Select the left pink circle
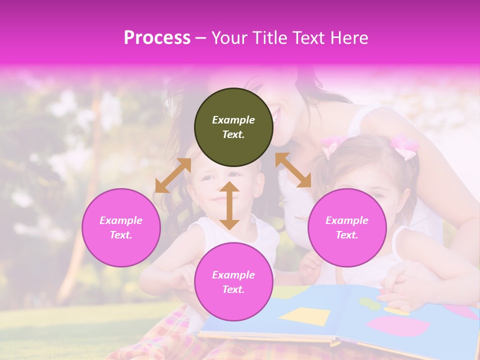click(121, 227)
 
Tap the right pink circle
click(347, 227)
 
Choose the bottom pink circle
click(233, 282)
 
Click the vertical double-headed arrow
click(229, 205)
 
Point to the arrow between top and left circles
click(173, 175)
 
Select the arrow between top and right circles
click(293, 170)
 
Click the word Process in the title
click(157, 38)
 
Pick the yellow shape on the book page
click(304, 316)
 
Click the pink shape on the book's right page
click(398, 326)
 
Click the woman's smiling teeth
click(276, 118)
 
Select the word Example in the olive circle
click(233, 120)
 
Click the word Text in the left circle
click(121, 235)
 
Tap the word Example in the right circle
click(347, 220)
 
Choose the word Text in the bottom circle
click(233, 289)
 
